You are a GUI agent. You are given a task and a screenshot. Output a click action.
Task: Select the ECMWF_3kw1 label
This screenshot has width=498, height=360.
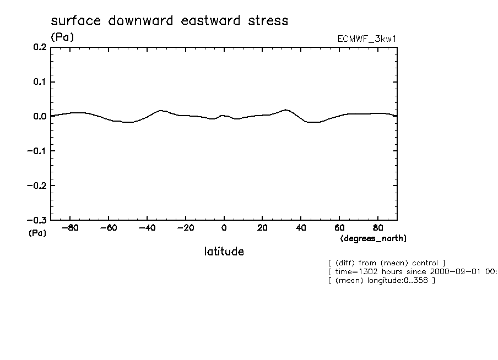[367, 39]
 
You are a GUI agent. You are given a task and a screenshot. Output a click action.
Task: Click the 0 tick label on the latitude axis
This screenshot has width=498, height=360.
[224, 227]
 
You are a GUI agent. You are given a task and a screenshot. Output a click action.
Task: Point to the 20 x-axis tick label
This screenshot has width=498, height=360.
[262, 227]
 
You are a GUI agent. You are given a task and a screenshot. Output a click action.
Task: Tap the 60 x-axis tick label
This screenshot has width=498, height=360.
[339, 227]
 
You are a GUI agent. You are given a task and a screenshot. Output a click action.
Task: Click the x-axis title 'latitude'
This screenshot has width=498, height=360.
[224, 252]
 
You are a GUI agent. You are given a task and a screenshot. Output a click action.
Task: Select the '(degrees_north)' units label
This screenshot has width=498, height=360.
[373, 238]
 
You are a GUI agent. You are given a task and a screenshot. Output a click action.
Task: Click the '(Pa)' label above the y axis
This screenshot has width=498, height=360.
[62, 37]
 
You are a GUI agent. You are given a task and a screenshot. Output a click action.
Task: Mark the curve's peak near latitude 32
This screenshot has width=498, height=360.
[285, 110]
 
